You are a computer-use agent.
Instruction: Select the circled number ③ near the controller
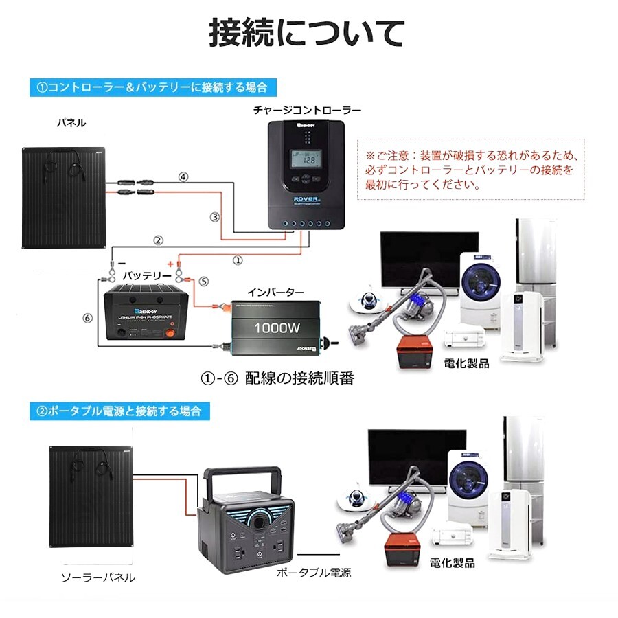(214, 217)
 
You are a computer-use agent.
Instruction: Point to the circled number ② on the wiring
(158, 240)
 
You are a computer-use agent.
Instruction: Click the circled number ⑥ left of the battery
(87, 318)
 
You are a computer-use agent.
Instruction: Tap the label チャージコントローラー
(307, 110)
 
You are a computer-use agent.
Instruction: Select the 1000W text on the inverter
(277, 328)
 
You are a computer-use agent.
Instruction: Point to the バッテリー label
(146, 275)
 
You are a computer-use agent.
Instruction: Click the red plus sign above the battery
(170, 264)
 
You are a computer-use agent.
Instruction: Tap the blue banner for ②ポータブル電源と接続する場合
(119, 411)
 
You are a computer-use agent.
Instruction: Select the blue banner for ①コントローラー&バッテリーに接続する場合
(152, 87)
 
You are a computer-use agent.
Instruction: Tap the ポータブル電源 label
(313, 571)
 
